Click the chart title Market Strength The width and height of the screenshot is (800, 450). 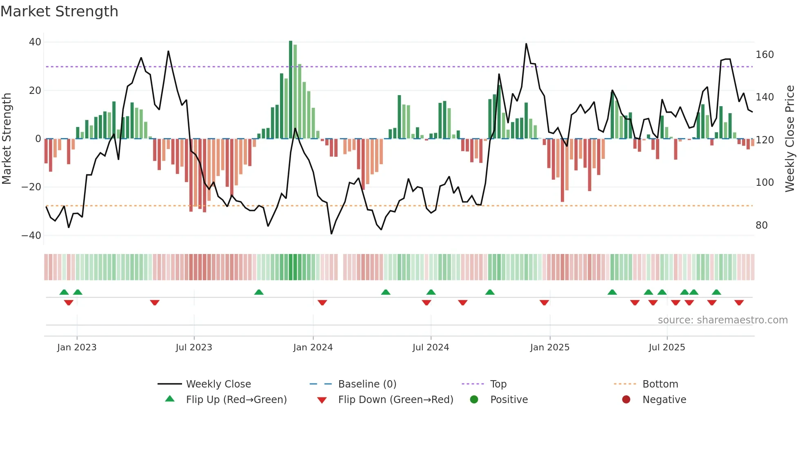[x=59, y=11]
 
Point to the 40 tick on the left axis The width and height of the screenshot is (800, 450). [x=35, y=42]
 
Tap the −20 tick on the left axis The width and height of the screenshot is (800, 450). [x=31, y=187]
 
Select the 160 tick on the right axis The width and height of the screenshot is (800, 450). [x=764, y=55]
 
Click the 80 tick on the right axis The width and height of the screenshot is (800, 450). [x=762, y=225]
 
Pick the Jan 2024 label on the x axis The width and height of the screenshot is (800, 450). [x=313, y=348]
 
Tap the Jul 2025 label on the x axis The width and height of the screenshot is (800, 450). [x=667, y=348]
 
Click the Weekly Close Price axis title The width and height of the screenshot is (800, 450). [x=790, y=139]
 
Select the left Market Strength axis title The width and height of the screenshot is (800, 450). [x=7, y=139]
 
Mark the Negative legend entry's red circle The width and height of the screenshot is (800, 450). [x=626, y=399]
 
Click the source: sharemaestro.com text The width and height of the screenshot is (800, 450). [x=722, y=320]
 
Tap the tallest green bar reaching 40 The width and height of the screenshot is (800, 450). [x=291, y=90]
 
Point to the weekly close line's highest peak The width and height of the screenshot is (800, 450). [x=526, y=44]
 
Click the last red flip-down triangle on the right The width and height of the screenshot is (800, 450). [x=739, y=303]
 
